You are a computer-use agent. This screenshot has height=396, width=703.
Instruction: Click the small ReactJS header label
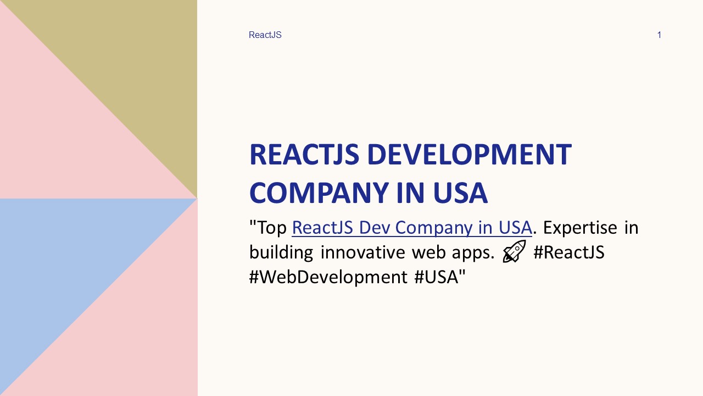tap(265, 35)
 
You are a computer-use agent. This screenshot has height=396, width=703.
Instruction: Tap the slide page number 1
tap(659, 35)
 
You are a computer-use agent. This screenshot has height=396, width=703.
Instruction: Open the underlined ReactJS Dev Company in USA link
tap(411, 227)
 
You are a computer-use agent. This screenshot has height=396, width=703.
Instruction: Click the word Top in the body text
tap(272, 227)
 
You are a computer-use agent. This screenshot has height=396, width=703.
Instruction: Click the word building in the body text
tap(281, 252)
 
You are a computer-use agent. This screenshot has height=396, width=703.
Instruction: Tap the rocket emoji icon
tap(514, 252)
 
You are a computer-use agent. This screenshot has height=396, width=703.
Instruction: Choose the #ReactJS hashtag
tap(569, 252)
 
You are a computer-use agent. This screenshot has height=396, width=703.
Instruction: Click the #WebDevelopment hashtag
tap(328, 277)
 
